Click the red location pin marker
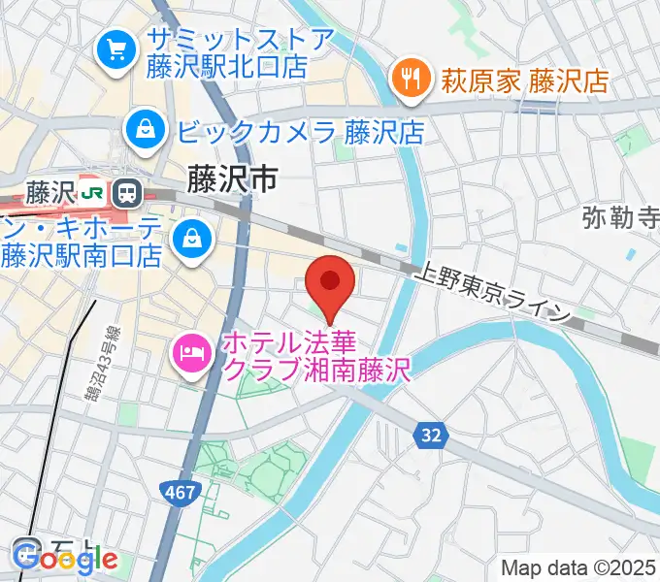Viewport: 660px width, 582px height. click(330, 282)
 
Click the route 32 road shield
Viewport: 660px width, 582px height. click(432, 437)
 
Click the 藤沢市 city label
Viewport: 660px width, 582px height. click(232, 178)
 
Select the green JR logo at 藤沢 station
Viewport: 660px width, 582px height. click(93, 192)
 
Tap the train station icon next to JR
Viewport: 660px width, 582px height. click(125, 192)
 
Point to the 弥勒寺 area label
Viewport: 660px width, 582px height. click(620, 218)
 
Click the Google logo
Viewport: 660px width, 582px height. click(66, 560)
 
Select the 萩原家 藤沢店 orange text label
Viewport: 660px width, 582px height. click(526, 80)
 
